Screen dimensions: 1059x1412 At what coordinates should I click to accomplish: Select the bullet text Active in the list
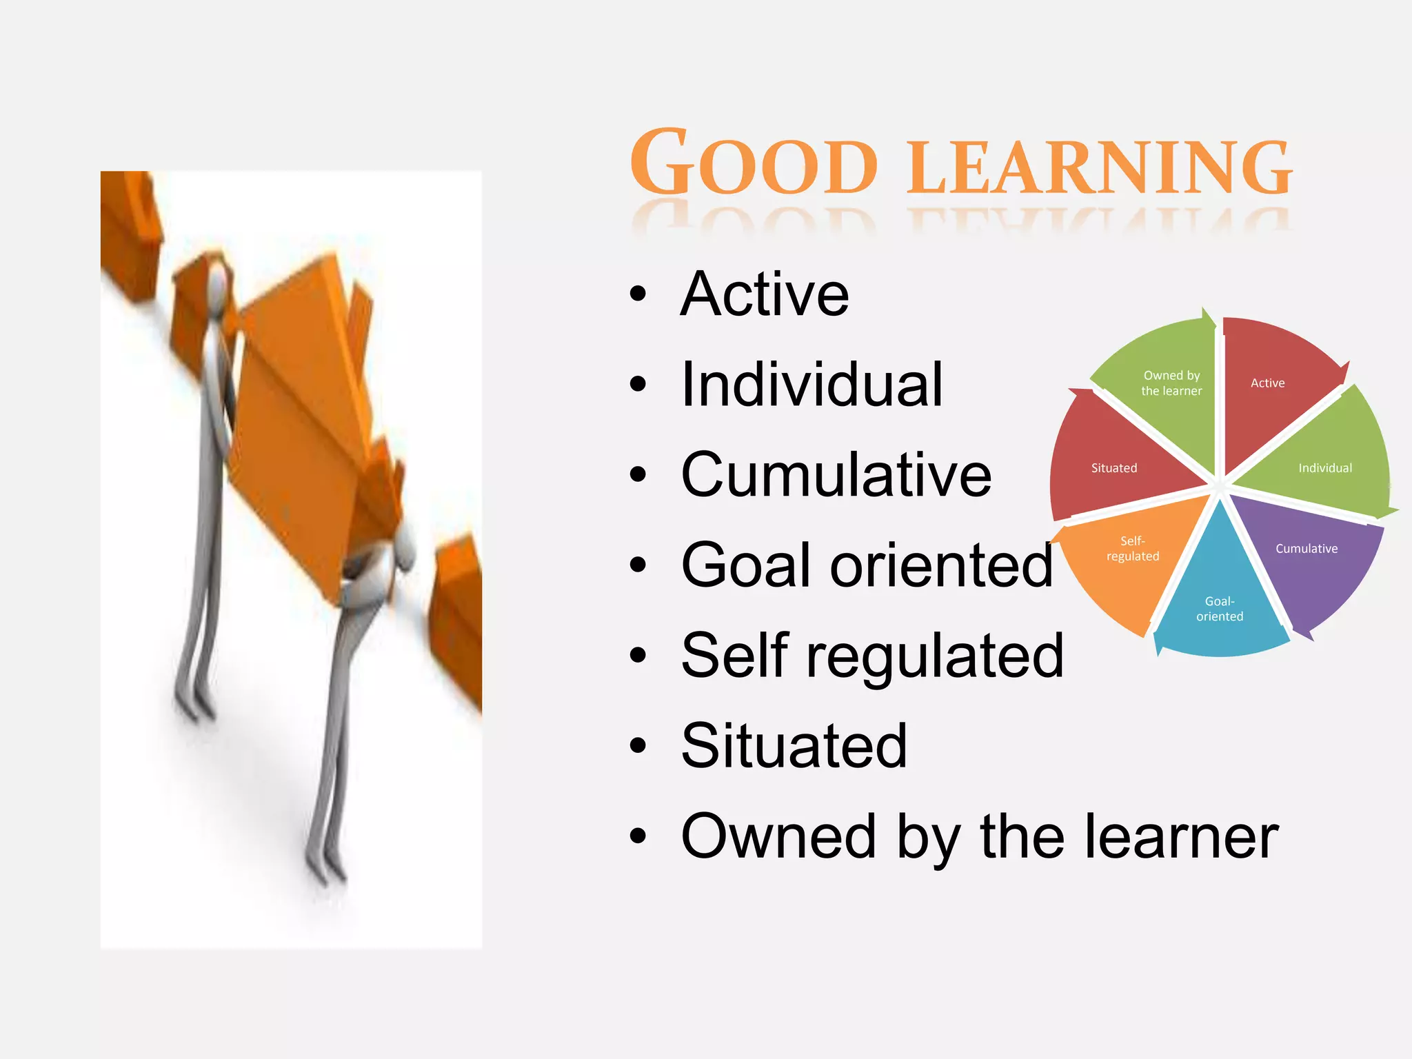[x=765, y=294]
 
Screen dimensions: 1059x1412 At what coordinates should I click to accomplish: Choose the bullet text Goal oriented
[x=867, y=565]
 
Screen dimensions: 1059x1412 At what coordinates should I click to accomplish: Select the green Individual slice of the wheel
[x=1320, y=462]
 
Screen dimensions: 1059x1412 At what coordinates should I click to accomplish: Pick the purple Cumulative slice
[x=1307, y=558]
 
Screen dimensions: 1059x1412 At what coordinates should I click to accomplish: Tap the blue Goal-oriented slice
[x=1220, y=607]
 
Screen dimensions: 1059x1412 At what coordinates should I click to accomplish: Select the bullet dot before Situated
[x=638, y=745]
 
